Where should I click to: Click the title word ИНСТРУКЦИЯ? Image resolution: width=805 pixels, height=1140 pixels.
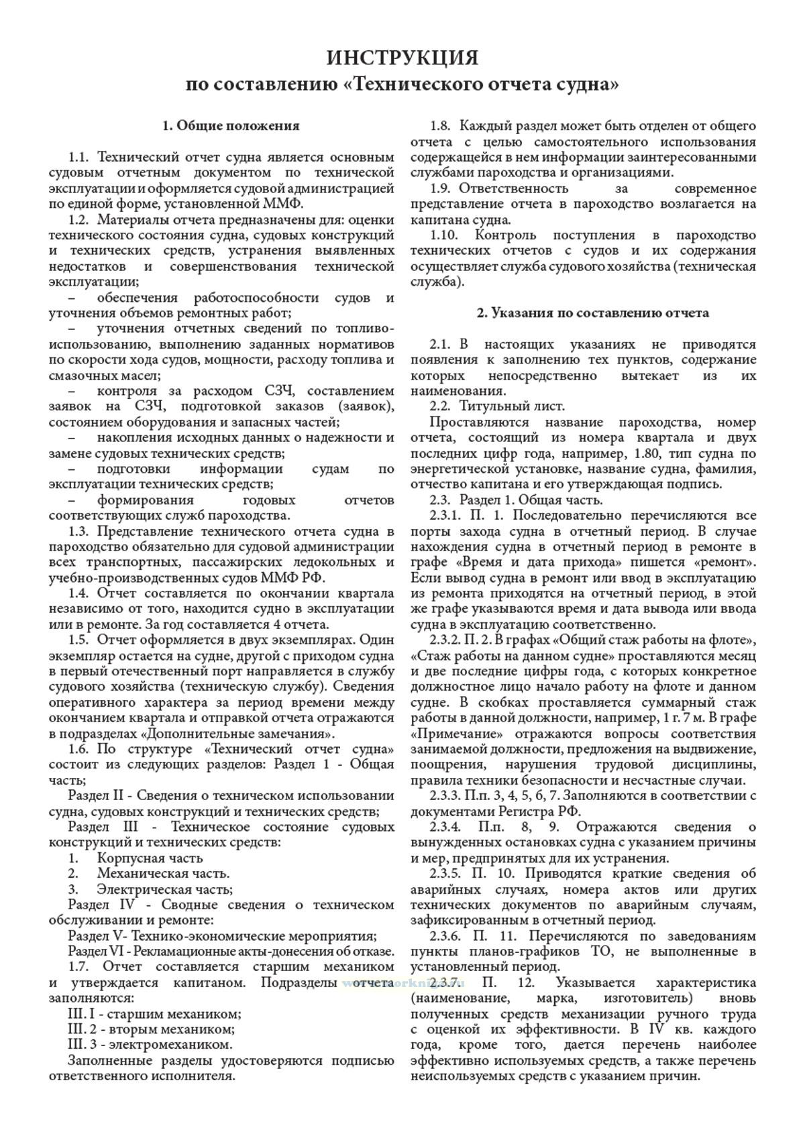[x=402, y=58]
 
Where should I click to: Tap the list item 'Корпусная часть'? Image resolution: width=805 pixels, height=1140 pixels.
[x=150, y=858]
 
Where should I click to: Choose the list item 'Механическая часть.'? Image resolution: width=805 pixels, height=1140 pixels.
[x=163, y=873]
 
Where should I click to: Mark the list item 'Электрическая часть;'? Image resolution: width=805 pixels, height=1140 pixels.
[x=165, y=889]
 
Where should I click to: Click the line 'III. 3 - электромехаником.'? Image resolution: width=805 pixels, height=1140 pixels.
[x=150, y=1044]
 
